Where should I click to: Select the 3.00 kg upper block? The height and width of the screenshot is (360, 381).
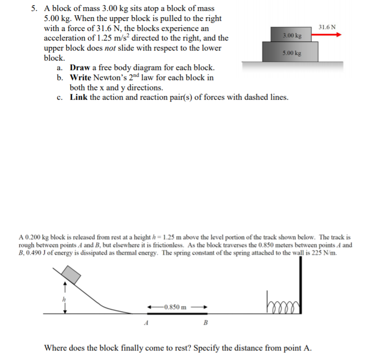(292, 35)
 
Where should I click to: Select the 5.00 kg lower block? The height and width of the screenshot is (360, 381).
(291, 53)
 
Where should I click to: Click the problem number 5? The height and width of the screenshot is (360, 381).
(34, 9)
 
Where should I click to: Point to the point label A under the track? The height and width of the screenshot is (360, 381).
(145, 322)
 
